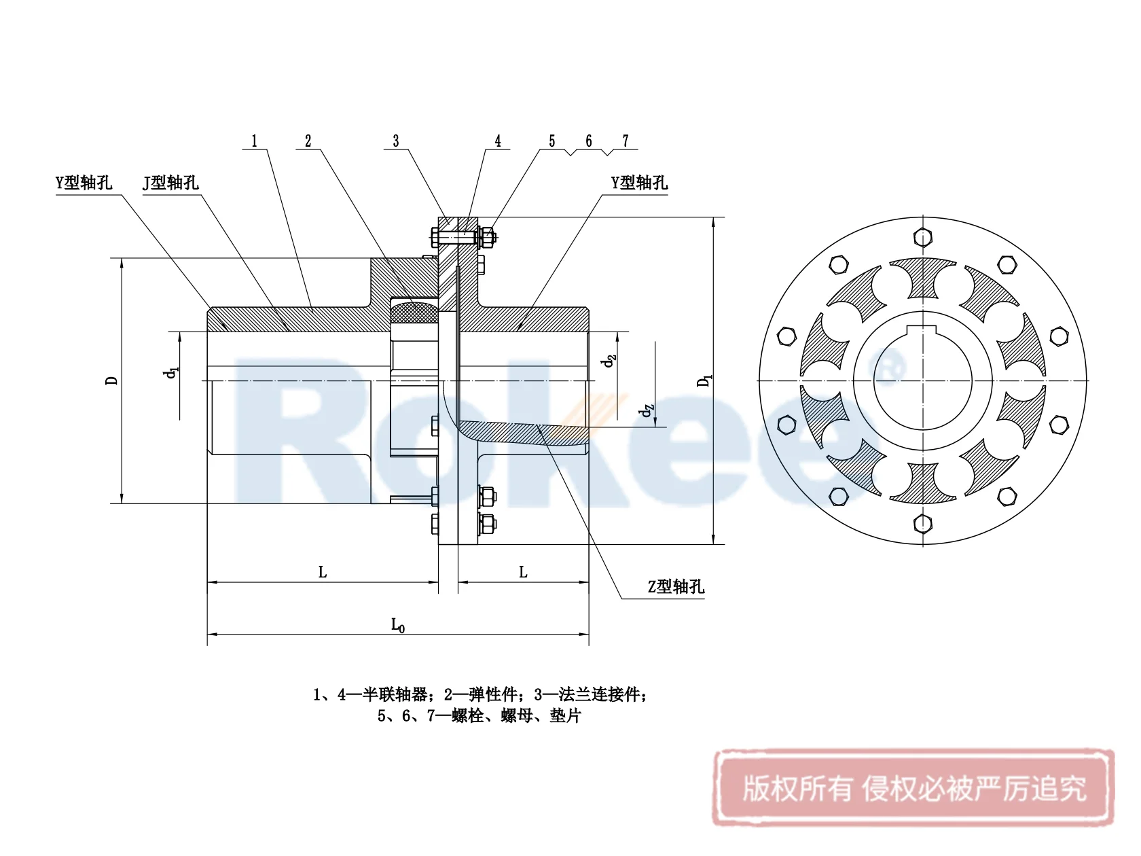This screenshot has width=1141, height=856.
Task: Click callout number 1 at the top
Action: coord(255,141)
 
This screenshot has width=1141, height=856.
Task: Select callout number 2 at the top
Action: coord(308,141)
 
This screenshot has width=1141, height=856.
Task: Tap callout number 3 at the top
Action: coord(396,141)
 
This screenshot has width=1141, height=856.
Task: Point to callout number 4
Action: coord(498,141)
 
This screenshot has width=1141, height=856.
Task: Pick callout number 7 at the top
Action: coord(626,141)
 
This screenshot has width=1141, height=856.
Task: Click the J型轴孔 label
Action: coord(170,183)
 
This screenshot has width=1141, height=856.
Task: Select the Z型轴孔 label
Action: coord(676,587)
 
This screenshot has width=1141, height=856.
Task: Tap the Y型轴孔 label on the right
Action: coord(639,183)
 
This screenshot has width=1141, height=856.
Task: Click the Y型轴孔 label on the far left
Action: coord(84,183)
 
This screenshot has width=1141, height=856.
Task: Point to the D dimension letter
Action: coord(111,380)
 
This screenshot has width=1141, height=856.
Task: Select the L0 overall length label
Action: coord(398,625)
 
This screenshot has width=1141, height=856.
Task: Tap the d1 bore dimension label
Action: coord(171,372)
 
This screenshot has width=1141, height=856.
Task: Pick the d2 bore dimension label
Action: coord(609,361)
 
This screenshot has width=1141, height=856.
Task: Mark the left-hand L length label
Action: coord(323,573)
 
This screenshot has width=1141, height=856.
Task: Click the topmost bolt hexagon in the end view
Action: coord(923,237)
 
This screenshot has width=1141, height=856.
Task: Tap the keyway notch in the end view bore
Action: coord(923,332)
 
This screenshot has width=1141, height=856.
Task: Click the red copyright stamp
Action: coord(913,788)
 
